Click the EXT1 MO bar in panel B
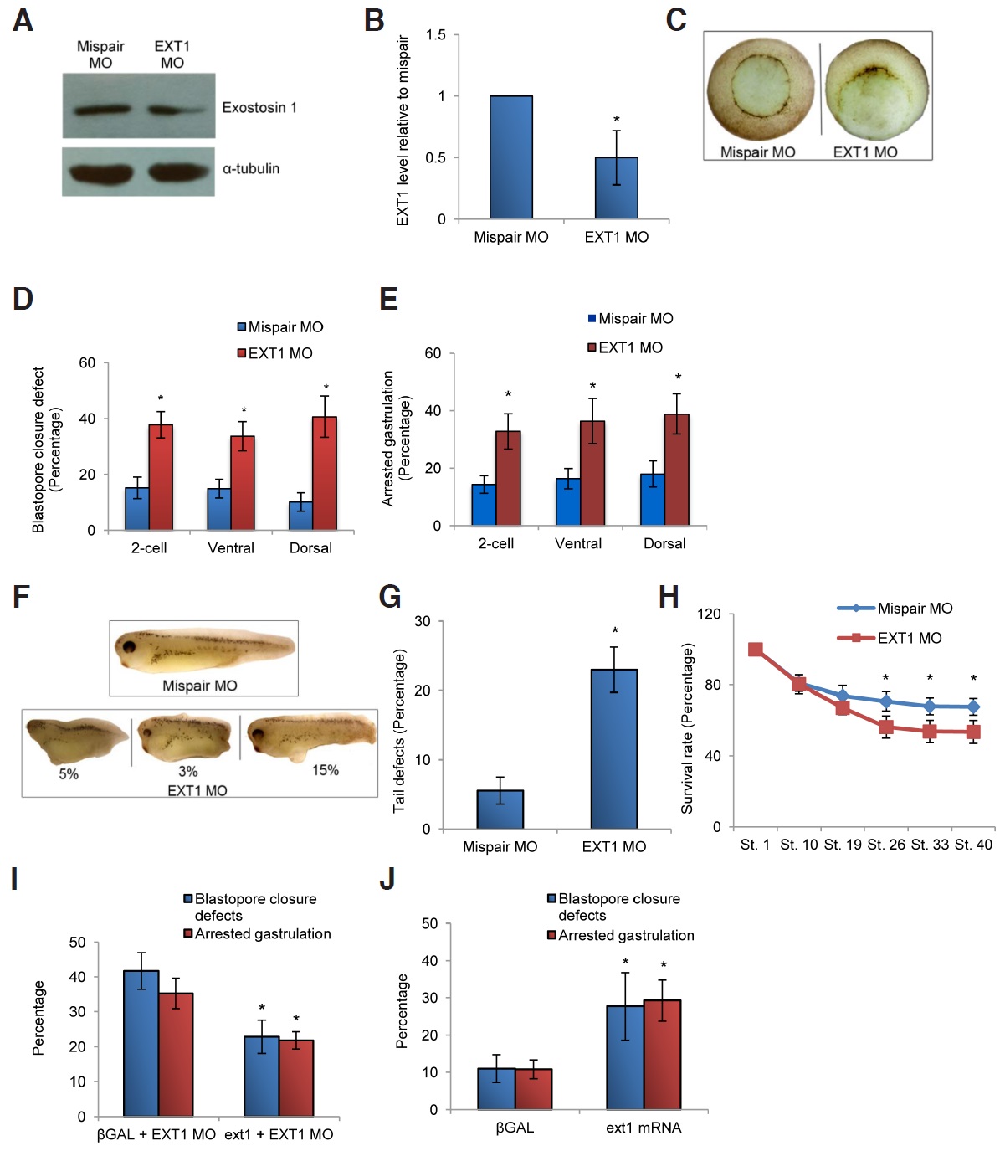pyautogui.click(x=616, y=188)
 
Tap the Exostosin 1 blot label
pyautogui.click(x=259, y=107)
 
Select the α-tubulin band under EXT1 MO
pyautogui.click(x=177, y=172)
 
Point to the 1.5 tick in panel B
pyautogui.click(x=436, y=35)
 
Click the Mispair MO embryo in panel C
pyautogui.click(x=760, y=89)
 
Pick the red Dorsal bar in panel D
pyautogui.click(x=325, y=474)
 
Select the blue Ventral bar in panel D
pyautogui.click(x=219, y=509)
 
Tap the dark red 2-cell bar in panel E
pyautogui.click(x=508, y=478)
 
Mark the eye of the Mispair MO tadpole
pyautogui.click(x=130, y=646)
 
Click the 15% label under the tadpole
pyautogui.click(x=326, y=770)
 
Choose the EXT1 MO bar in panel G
pyautogui.click(x=614, y=749)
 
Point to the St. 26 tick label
pyautogui.click(x=886, y=845)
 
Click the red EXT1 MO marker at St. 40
pyautogui.click(x=973, y=732)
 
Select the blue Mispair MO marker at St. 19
pyautogui.click(x=843, y=696)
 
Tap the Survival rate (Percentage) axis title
pyautogui.click(x=687, y=728)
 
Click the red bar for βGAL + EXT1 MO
pyautogui.click(x=176, y=1054)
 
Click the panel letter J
pyautogui.click(x=387, y=879)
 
